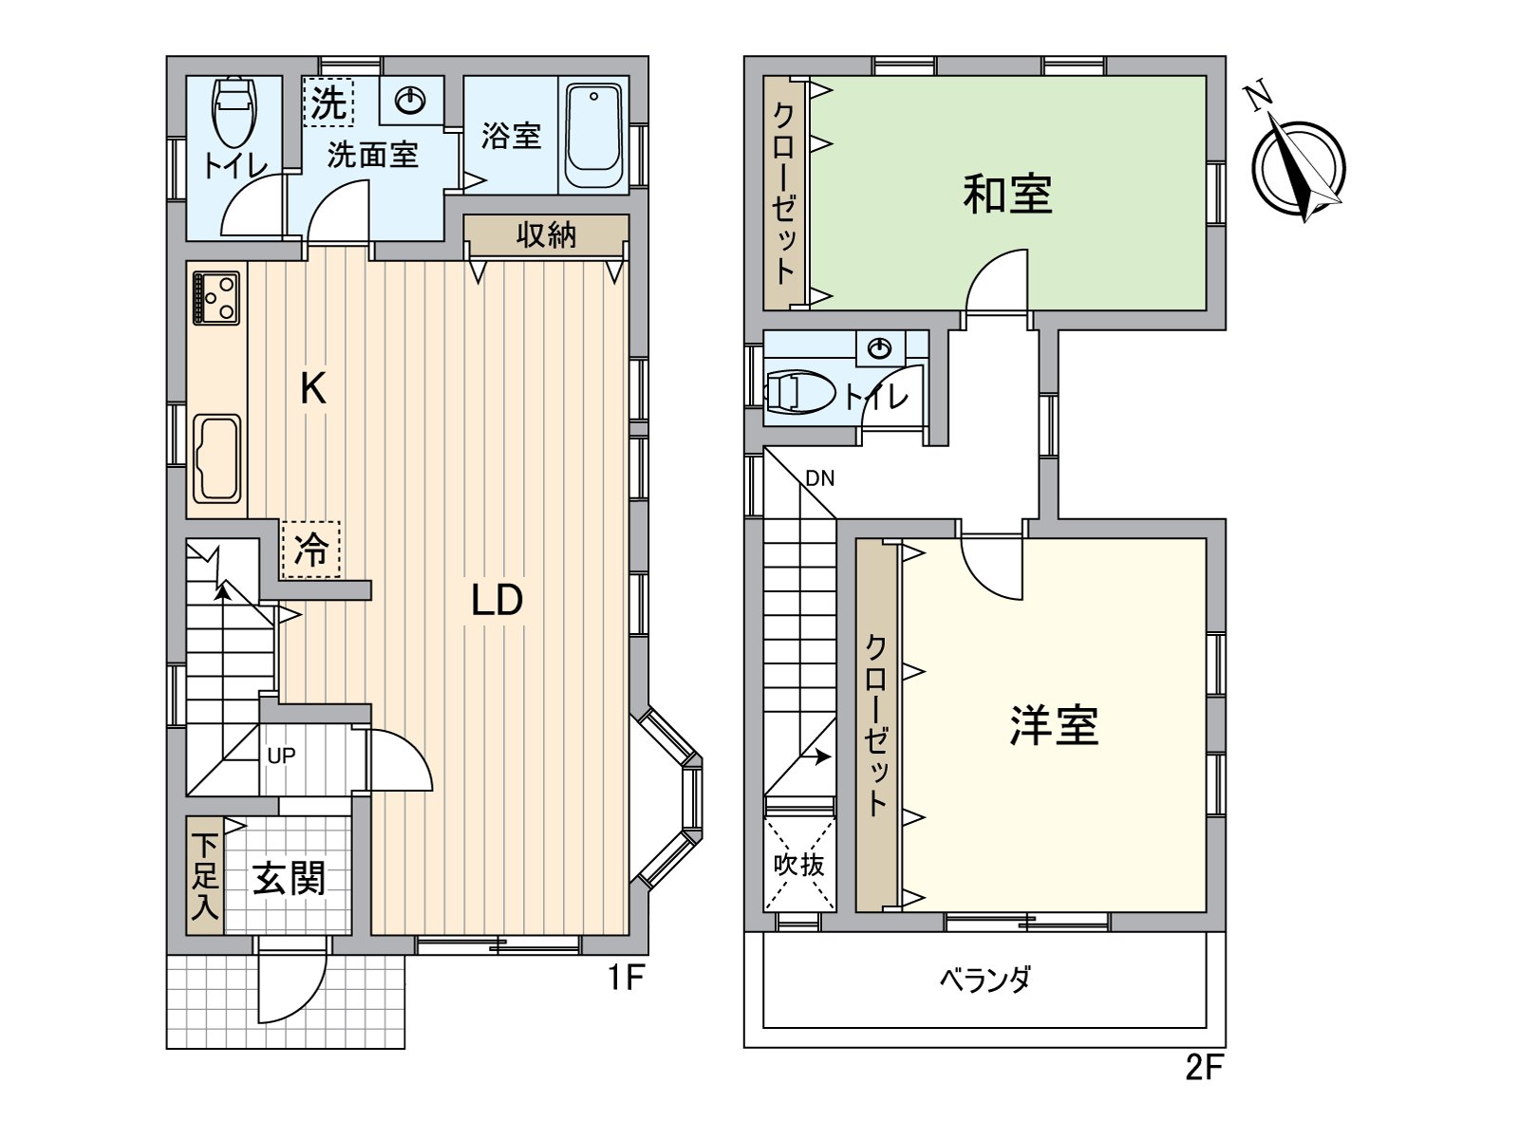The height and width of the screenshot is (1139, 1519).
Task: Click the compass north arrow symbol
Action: (1298, 166)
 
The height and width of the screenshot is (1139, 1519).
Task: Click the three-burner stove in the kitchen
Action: (216, 297)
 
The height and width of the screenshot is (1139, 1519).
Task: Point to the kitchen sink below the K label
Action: (217, 457)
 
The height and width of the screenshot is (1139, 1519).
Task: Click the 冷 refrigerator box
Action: (310, 549)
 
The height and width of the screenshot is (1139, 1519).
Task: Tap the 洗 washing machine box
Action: (328, 103)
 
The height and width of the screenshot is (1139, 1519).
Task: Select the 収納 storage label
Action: (546, 234)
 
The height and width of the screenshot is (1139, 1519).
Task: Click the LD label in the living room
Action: (497, 600)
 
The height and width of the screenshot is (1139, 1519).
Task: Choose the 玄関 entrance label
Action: (289, 879)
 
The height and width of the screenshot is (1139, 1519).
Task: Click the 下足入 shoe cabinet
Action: (204, 875)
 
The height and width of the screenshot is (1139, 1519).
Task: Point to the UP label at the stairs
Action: (281, 756)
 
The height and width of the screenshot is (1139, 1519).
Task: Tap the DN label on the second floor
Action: (819, 478)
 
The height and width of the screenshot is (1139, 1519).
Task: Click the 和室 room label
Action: (1007, 194)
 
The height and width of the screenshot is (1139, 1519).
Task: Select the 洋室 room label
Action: (1054, 726)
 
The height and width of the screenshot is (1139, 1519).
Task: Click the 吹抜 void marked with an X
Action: (799, 865)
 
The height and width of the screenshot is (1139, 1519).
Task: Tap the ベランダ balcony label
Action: (985, 979)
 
